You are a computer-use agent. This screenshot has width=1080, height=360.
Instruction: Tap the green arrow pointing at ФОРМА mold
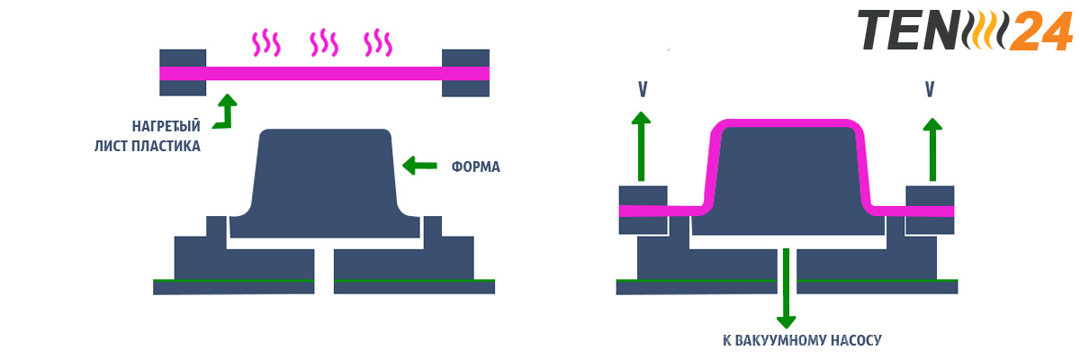point(421,165)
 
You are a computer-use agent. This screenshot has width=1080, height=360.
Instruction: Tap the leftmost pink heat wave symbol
point(265,42)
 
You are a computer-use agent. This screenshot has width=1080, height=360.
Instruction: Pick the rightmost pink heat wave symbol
point(378,42)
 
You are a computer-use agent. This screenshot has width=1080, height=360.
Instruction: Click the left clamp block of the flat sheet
point(183,72)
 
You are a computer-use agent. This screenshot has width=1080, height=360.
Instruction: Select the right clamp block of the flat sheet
point(465,72)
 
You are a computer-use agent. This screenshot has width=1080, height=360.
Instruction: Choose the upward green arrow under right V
point(932,148)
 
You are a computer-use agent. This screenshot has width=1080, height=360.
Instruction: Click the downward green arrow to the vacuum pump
point(787,288)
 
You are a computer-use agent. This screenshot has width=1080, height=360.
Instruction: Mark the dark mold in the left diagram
point(326,180)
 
